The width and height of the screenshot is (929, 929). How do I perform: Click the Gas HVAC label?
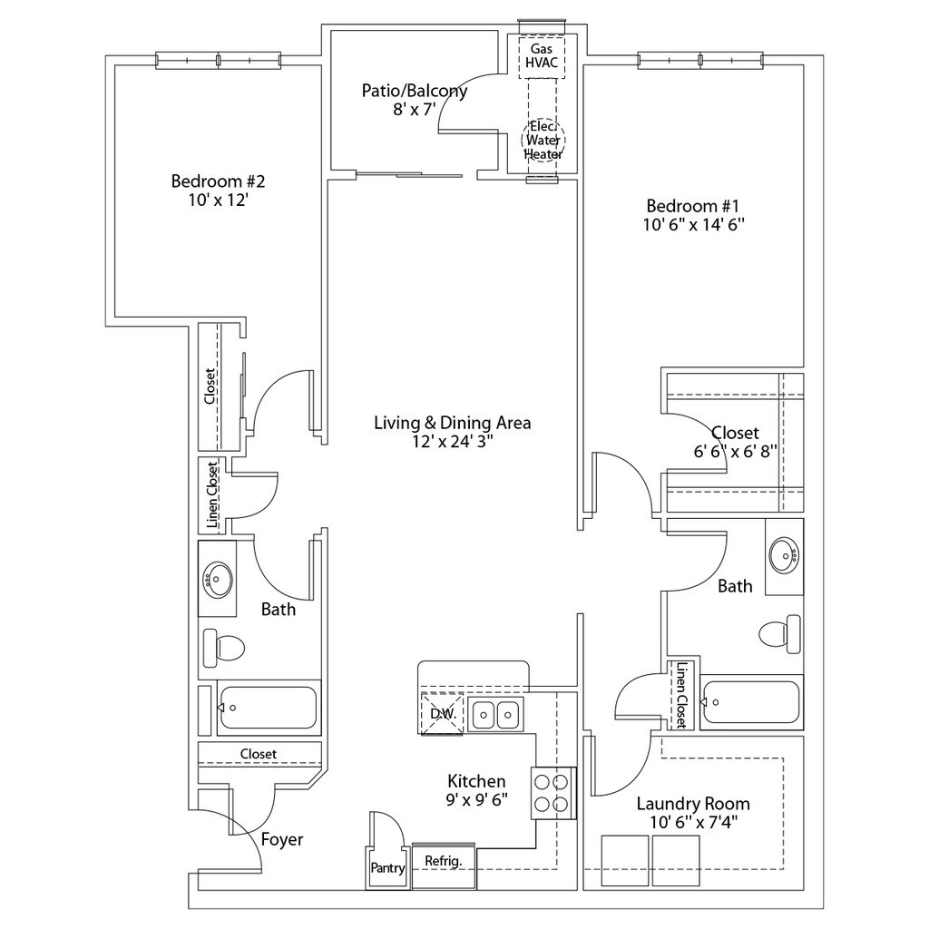pyautogui.click(x=542, y=55)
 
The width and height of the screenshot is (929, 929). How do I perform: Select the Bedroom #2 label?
pyautogui.click(x=218, y=181)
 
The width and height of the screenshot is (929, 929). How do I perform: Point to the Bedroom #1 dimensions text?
pyautogui.click(x=693, y=225)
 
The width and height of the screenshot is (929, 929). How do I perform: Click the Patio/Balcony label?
pyautogui.click(x=414, y=91)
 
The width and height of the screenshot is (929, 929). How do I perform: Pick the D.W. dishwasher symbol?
pyautogui.click(x=442, y=714)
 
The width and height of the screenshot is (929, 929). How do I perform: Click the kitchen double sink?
pyautogui.click(x=495, y=714)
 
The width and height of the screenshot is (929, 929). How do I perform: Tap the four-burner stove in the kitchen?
pyautogui.click(x=553, y=793)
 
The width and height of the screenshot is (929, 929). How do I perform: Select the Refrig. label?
pyautogui.click(x=443, y=861)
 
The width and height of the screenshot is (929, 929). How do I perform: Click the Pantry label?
pyautogui.click(x=387, y=868)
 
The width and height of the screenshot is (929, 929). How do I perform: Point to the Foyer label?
pyautogui.click(x=282, y=839)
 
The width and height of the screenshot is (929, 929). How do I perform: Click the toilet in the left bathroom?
pyautogui.click(x=224, y=648)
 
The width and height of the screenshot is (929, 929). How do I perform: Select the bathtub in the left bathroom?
pyautogui.click(x=268, y=708)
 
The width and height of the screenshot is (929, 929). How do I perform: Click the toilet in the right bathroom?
pyautogui.click(x=779, y=634)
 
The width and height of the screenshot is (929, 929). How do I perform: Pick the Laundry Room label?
pyautogui.click(x=693, y=804)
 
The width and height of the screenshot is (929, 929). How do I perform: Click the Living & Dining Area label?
pyautogui.click(x=452, y=423)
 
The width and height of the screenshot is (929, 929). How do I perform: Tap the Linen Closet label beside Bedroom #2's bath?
pyautogui.click(x=212, y=495)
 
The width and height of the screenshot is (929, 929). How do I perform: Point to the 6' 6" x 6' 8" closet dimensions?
pyautogui.click(x=735, y=452)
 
